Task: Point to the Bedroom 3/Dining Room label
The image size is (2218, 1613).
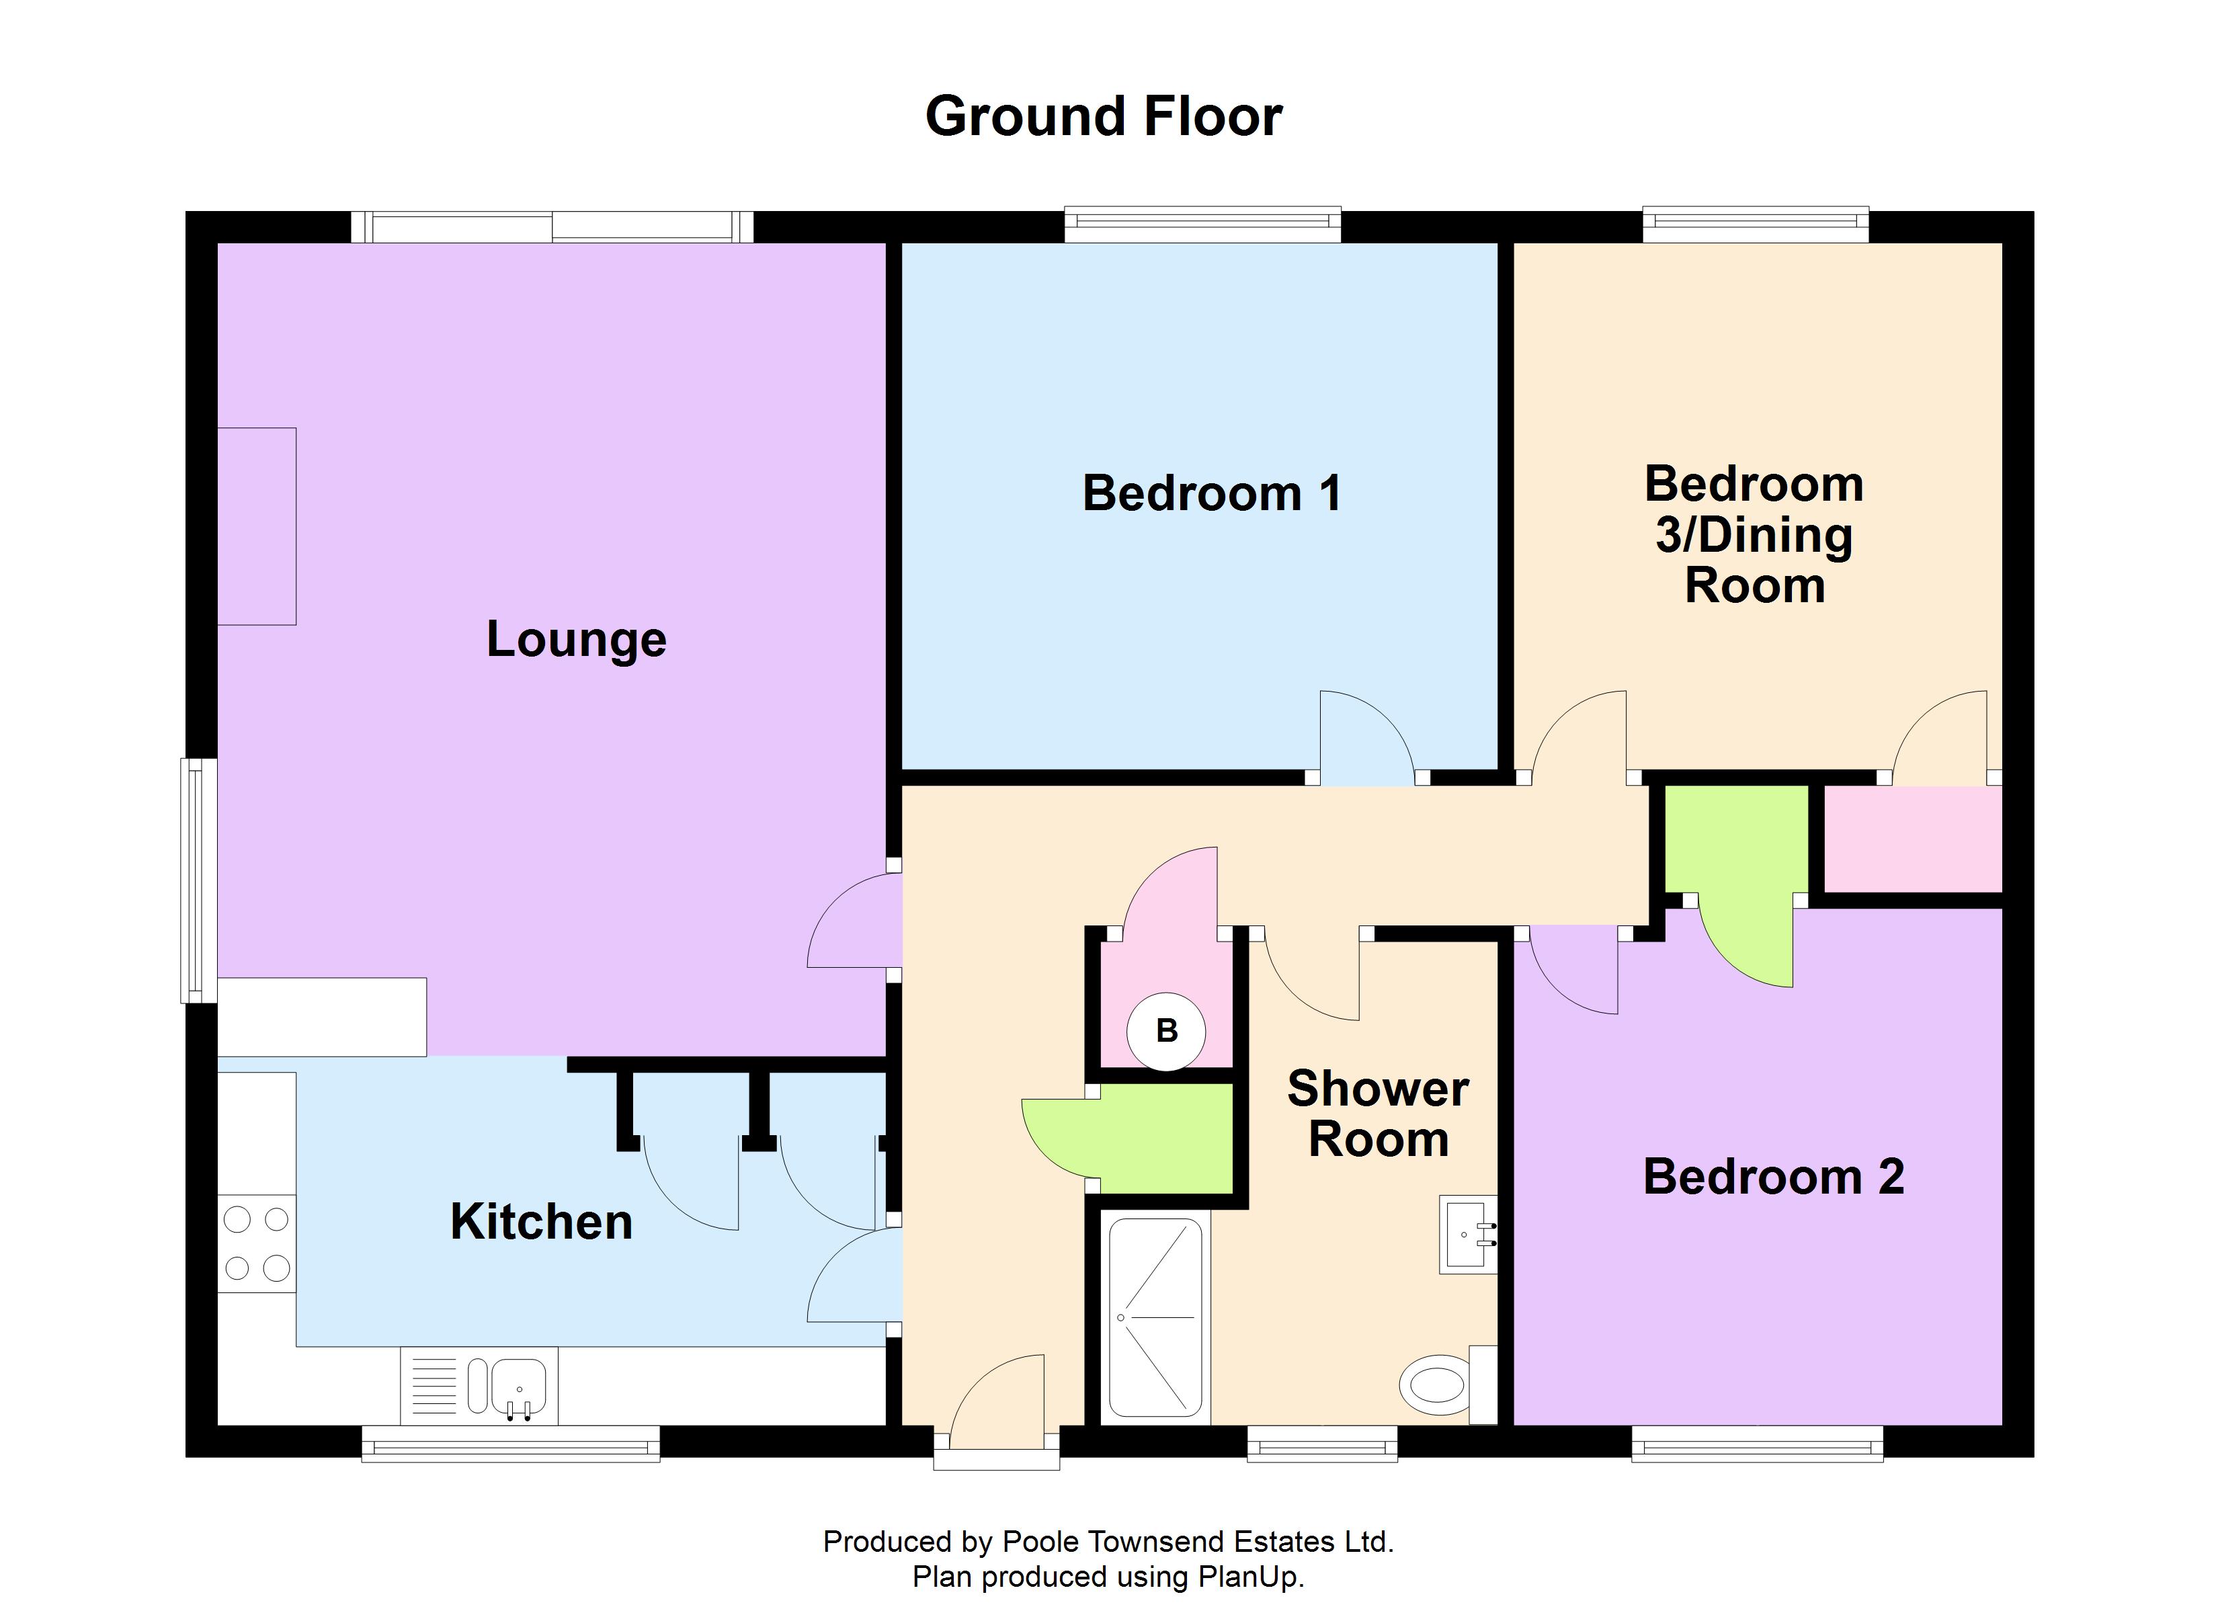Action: coord(1754,535)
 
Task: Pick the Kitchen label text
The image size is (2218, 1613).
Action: coord(541,1222)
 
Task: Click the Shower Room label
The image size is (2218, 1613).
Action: coord(1377,1114)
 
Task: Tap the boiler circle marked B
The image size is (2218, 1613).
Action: coord(1165,1030)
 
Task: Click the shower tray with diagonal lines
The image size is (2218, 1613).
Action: coord(1155,1317)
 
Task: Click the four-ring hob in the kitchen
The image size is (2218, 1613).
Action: coord(256,1243)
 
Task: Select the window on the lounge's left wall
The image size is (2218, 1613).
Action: coord(198,880)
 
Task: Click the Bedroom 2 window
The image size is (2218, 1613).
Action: coord(1756,1443)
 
